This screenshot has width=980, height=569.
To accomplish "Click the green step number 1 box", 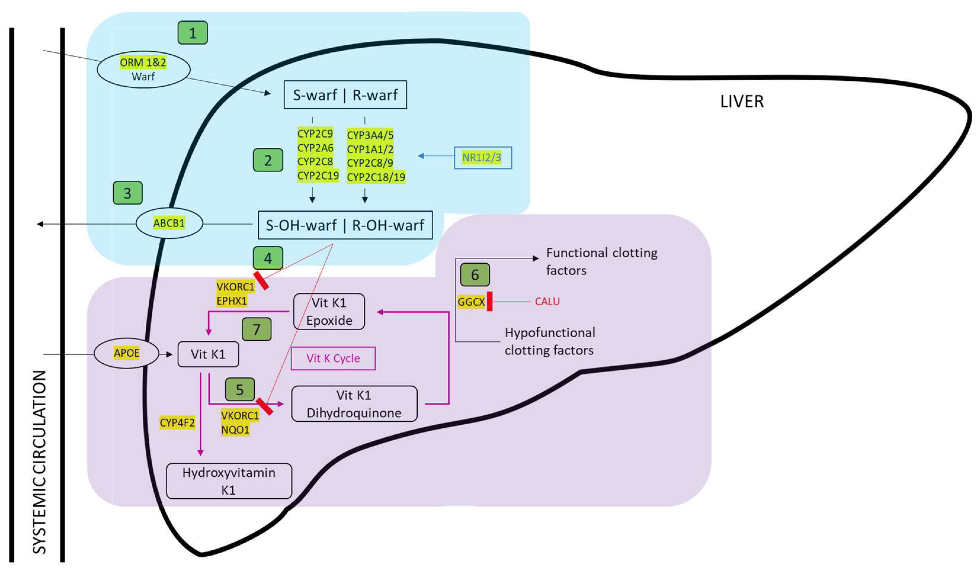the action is click(x=193, y=33).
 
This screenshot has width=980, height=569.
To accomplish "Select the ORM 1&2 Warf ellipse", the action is click(x=144, y=69).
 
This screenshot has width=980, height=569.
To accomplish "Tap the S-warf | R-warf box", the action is click(x=345, y=95).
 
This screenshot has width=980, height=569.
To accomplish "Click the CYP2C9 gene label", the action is click(x=315, y=134).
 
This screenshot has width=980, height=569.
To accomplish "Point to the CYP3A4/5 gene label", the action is click(x=370, y=135).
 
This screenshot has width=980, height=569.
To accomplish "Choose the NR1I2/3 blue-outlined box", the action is click(x=483, y=158).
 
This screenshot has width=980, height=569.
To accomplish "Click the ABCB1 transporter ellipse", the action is click(x=169, y=223).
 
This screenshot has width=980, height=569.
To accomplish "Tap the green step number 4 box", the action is click(x=268, y=258).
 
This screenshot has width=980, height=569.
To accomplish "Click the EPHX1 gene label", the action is click(x=232, y=301).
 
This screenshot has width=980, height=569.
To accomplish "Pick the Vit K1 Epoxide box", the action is click(x=329, y=311).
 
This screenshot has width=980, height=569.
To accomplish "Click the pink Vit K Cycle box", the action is click(x=333, y=358).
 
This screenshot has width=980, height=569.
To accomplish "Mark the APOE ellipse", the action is click(x=127, y=353).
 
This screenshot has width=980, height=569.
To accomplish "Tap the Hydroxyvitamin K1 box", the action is click(x=229, y=481).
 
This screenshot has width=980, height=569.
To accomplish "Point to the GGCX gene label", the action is click(x=471, y=302).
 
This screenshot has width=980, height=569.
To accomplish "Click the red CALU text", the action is click(x=547, y=302).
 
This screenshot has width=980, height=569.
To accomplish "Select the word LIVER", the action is click(x=742, y=101).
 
